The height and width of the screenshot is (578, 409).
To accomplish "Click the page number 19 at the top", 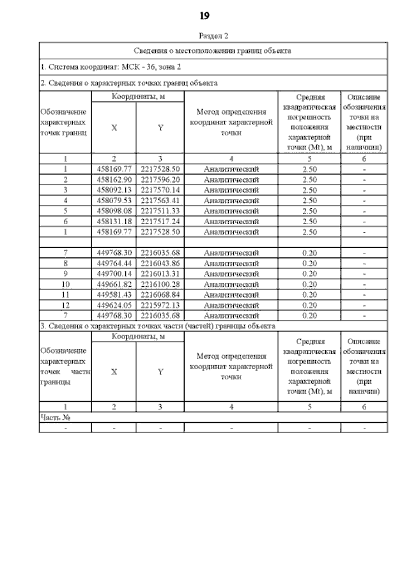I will [204, 15].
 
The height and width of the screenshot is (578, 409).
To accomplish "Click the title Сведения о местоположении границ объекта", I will [213, 50].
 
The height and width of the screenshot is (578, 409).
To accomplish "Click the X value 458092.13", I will [114, 190].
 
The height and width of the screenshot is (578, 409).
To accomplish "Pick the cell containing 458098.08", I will [114, 211].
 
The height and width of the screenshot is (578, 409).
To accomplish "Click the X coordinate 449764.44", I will [114, 262].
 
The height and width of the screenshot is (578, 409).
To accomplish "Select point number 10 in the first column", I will [65, 284].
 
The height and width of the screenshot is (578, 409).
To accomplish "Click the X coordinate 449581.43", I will [114, 294].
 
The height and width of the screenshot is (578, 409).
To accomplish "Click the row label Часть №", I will [55, 417].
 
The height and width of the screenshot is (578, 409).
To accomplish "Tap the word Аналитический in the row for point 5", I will [231, 211].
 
